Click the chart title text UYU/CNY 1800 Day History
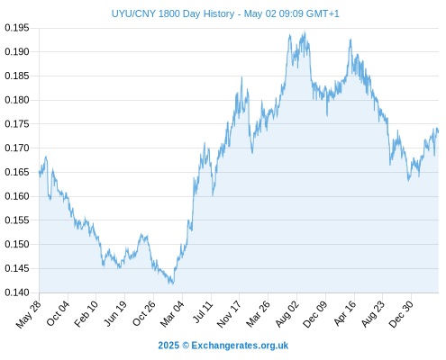tap(173, 13)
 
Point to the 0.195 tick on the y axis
tap(17, 28)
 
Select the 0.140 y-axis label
tap(17, 292)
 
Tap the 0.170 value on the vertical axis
tap(17, 148)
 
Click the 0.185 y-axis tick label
tap(17, 76)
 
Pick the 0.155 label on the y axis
tap(17, 220)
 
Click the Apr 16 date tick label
tap(345, 313)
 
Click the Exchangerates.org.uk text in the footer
tap(240, 346)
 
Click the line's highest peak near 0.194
tap(305, 31)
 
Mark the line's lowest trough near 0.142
tap(173, 283)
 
